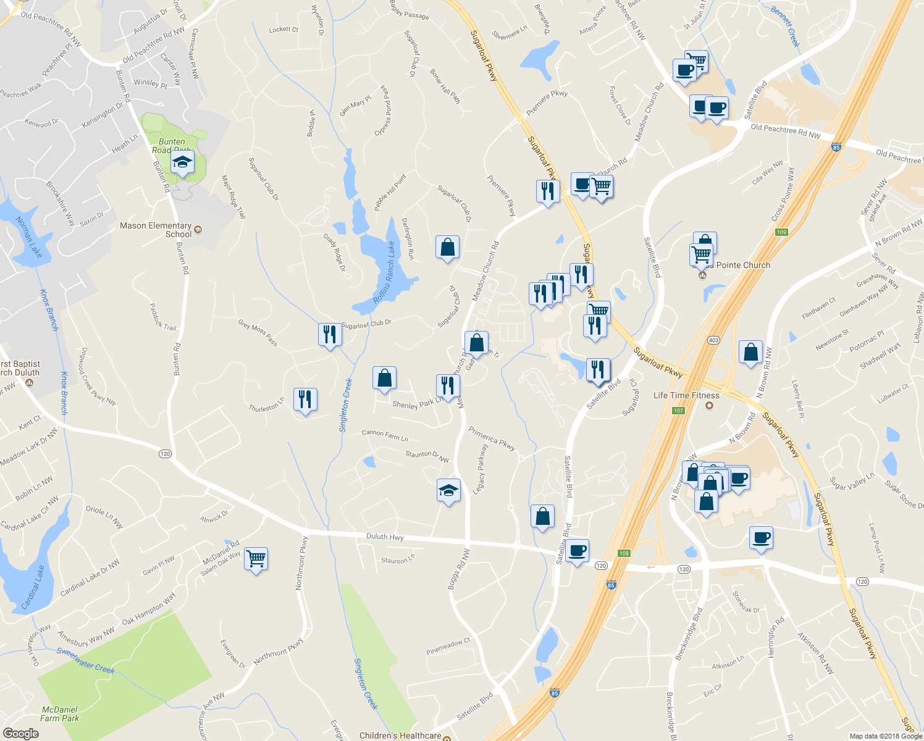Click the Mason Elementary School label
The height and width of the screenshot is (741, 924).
(x=156, y=230)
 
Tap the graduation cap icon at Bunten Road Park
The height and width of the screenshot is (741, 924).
(x=182, y=163)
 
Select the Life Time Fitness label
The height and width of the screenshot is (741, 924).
(x=686, y=395)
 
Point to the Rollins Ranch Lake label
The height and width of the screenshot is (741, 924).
(x=384, y=272)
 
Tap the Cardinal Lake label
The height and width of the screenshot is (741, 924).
(x=33, y=587)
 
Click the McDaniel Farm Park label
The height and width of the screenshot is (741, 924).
(x=59, y=714)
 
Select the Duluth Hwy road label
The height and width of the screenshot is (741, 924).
(x=385, y=537)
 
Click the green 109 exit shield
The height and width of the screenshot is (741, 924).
(x=782, y=232)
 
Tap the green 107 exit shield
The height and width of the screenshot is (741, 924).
(x=678, y=411)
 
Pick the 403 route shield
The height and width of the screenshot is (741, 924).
(x=714, y=340)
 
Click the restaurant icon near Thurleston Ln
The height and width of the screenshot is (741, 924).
(x=305, y=400)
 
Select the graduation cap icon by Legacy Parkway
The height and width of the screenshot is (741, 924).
(x=448, y=491)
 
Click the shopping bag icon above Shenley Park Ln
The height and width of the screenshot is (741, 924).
(x=384, y=378)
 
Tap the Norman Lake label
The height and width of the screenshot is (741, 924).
(x=29, y=237)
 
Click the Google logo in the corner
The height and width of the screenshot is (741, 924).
(x=21, y=733)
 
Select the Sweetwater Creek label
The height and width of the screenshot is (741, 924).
(x=85, y=660)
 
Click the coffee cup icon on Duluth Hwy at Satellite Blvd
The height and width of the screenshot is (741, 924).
(x=577, y=551)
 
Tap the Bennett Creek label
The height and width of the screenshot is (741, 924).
(x=786, y=26)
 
